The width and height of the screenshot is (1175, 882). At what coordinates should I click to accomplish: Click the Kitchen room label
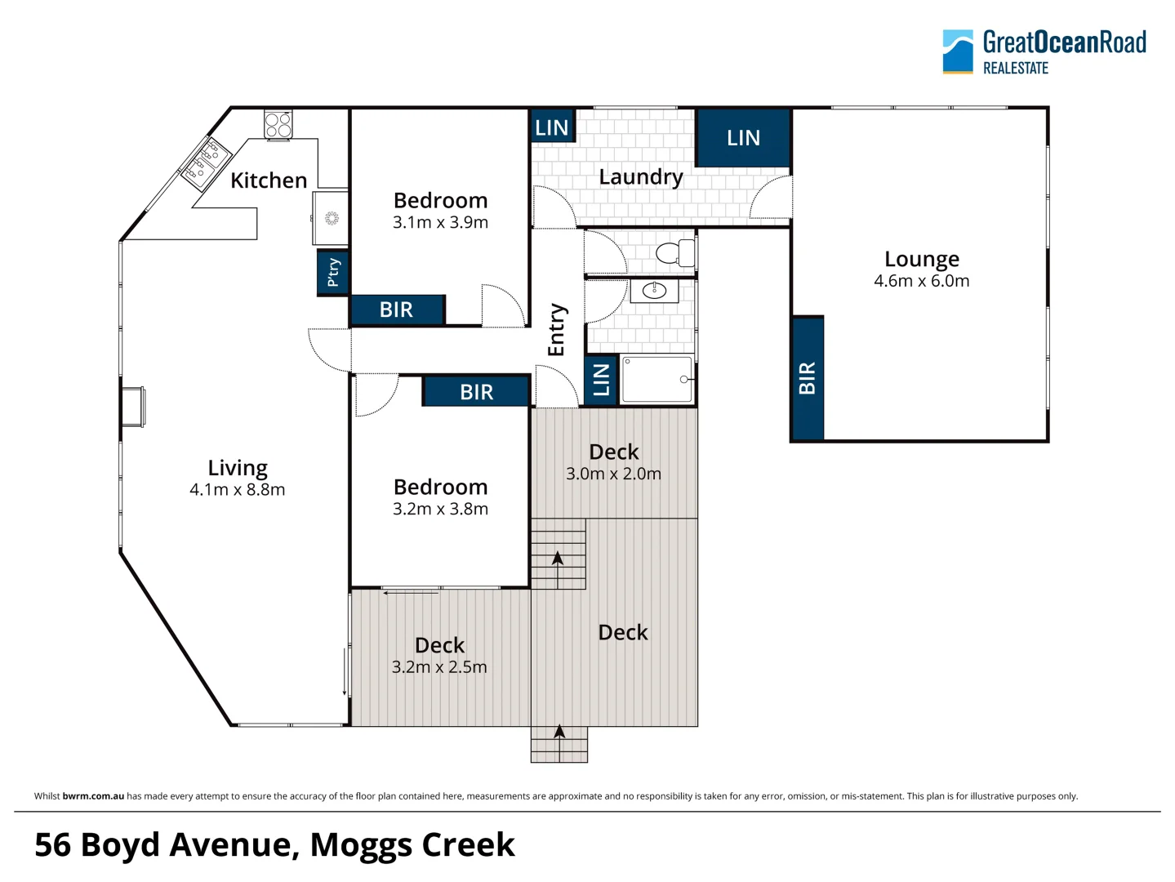point(269,180)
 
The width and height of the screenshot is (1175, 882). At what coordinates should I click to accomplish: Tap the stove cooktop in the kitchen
point(278,125)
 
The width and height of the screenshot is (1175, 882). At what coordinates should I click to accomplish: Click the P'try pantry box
point(333,273)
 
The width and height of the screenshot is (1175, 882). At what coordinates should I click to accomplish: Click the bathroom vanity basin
point(654,292)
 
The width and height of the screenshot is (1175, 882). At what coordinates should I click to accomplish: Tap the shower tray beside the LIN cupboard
point(657,379)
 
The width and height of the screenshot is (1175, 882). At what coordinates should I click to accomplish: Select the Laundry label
point(641,177)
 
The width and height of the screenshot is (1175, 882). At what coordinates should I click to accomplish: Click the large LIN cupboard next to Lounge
point(743,138)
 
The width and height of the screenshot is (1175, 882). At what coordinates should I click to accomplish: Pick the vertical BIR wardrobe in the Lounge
point(808,378)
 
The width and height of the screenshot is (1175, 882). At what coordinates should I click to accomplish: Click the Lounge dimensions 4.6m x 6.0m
point(921,280)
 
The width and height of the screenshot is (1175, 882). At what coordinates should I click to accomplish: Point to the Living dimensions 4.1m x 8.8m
point(237,489)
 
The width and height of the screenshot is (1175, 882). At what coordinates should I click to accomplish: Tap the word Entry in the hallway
point(556,330)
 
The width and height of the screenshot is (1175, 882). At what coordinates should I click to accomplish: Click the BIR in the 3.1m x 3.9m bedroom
point(397,310)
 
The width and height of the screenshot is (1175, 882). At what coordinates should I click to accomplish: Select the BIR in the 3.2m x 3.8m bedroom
point(476,392)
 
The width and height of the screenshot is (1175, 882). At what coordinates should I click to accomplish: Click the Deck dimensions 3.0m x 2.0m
point(613,474)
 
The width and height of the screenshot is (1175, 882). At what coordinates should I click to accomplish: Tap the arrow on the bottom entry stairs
point(559,743)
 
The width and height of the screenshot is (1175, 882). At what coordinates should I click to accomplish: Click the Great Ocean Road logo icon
point(958,51)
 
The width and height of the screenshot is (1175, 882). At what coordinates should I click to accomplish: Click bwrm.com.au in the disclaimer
point(93,795)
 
